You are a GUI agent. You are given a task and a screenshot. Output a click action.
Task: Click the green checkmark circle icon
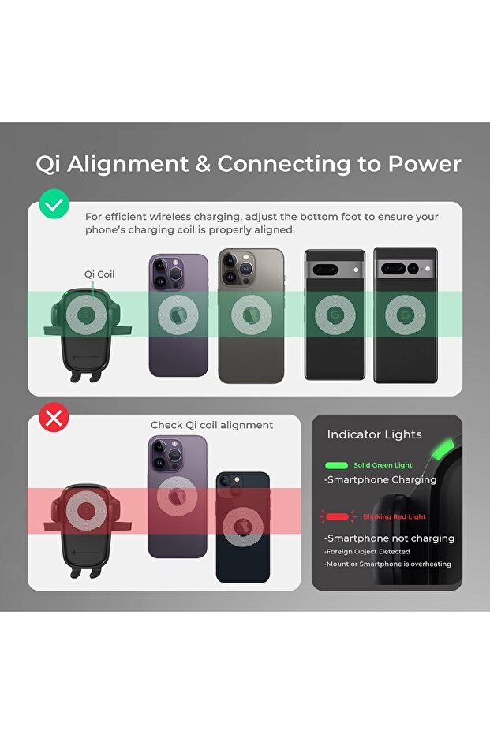click(x=54, y=204)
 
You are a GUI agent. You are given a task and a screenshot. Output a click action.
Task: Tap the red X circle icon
click(x=54, y=418)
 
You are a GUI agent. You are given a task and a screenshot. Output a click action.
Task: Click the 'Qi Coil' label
click(x=99, y=274)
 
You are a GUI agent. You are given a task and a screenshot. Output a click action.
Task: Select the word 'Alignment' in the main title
click(x=128, y=164)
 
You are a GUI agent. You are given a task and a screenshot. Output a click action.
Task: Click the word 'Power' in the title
click(x=425, y=164)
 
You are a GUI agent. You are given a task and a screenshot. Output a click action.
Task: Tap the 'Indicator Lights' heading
click(x=374, y=435)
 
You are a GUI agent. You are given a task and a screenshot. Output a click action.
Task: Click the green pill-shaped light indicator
click(x=336, y=465)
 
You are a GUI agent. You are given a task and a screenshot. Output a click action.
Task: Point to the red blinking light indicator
click(x=337, y=517)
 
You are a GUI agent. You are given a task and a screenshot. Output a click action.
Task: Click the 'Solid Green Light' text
click(x=383, y=465)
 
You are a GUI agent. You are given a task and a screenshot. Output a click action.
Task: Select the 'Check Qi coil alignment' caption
click(x=211, y=425)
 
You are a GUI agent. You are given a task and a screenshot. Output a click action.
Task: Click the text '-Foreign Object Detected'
click(x=367, y=552)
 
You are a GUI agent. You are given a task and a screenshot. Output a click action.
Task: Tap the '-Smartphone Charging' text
click(x=380, y=480)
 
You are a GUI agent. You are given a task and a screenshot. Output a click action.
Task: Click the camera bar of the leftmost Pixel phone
click(x=335, y=270)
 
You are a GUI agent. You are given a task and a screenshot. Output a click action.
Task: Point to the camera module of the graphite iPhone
click(x=239, y=267)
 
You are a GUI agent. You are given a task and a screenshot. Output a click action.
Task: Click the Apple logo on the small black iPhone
click(x=243, y=527)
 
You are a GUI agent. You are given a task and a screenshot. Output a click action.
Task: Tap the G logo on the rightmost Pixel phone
click(x=406, y=315)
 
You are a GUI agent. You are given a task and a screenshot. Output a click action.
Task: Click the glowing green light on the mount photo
click(x=443, y=449)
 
